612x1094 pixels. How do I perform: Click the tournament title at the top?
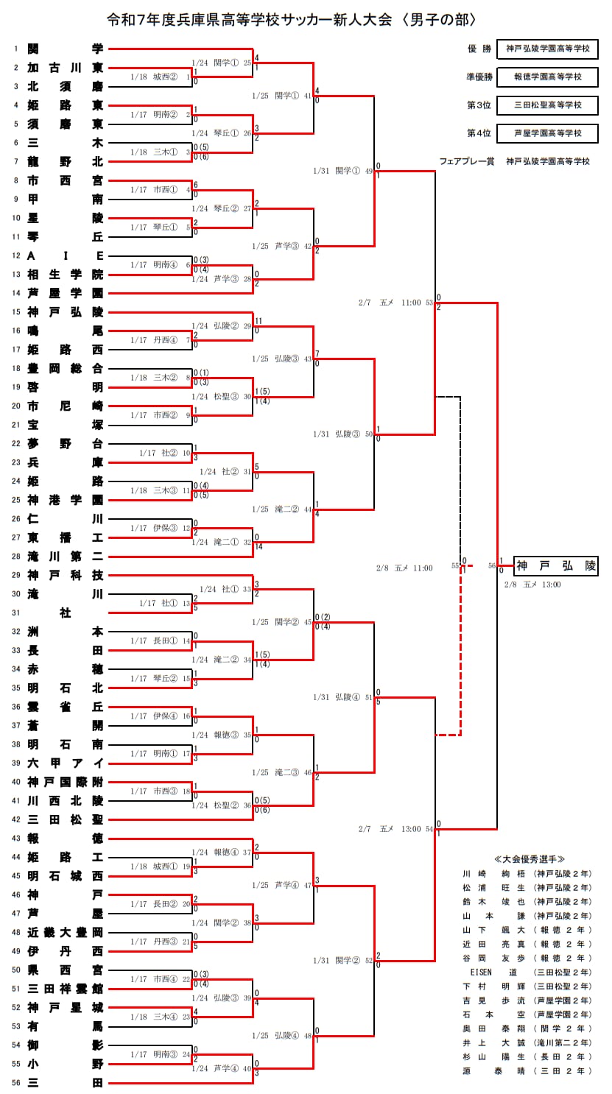tap(291, 19)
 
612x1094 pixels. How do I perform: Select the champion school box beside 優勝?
tap(548, 49)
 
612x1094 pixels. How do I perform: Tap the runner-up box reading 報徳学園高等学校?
tap(548, 77)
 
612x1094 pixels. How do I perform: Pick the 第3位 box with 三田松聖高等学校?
tap(548, 105)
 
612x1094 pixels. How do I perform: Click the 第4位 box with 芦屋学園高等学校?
tap(548, 133)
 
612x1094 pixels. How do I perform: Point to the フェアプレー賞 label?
tap(468, 161)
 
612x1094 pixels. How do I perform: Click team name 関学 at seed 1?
tap(65, 49)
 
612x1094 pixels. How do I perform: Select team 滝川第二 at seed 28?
tap(65, 556)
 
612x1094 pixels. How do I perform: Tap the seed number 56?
tap(15, 1082)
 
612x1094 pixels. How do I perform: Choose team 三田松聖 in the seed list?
tap(65, 819)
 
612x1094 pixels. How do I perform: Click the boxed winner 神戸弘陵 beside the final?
tap(555, 566)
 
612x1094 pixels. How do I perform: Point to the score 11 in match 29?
tap(258, 321)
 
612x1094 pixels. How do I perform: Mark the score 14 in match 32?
tap(258, 547)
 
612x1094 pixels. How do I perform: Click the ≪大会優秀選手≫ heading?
tap(529, 859)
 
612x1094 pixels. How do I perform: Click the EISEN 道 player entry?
tap(493, 972)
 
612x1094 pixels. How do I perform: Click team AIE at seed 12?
tap(65, 255)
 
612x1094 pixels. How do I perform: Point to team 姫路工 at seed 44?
tap(65, 857)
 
